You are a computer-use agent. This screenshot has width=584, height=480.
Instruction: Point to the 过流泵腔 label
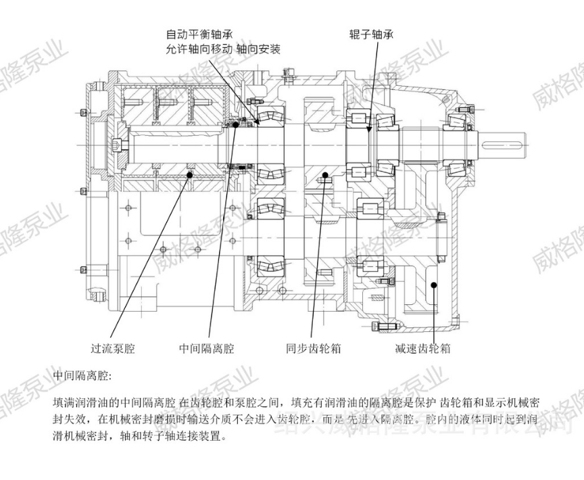click(x=113, y=350)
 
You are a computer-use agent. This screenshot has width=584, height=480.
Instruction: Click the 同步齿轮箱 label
click(x=312, y=350)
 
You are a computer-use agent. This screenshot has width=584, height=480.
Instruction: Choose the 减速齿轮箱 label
click(x=422, y=350)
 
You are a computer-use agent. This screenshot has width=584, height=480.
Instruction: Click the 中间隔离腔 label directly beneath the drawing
click(x=206, y=350)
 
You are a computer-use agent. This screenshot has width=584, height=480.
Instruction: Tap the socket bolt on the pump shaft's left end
click(x=120, y=143)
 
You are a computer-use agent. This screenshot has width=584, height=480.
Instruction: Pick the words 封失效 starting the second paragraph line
click(x=66, y=420)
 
